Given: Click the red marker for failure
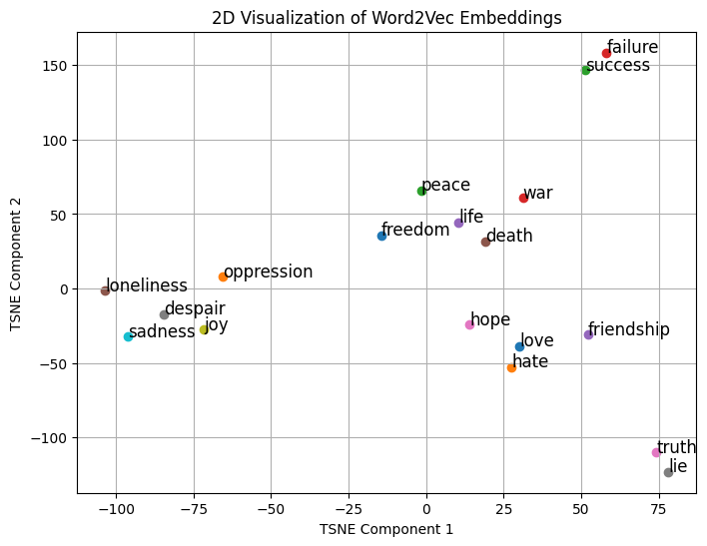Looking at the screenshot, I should (606, 54).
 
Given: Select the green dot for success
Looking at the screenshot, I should (586, 70).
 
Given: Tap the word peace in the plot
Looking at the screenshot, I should (445, 186).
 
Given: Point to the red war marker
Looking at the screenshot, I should (523, 198).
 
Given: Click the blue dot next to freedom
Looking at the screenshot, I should (381, 236).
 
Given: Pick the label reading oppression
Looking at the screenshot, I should (268, 272).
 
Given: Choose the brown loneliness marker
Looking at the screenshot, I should (105, 290).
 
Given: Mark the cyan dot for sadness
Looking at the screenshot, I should (128, 336).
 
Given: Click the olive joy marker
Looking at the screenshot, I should (204, 329).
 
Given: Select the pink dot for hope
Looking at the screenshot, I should (469, 324).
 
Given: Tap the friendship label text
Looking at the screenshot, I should (628, 330).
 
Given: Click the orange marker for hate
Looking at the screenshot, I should (511, 367).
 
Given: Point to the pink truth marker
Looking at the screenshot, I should (656, 452).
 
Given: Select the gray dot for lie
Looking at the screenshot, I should (668, 472).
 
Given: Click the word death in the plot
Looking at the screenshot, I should (509, 237).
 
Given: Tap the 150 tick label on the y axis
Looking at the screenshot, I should (54, 66).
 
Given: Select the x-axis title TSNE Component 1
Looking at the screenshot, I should (386, 530).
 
